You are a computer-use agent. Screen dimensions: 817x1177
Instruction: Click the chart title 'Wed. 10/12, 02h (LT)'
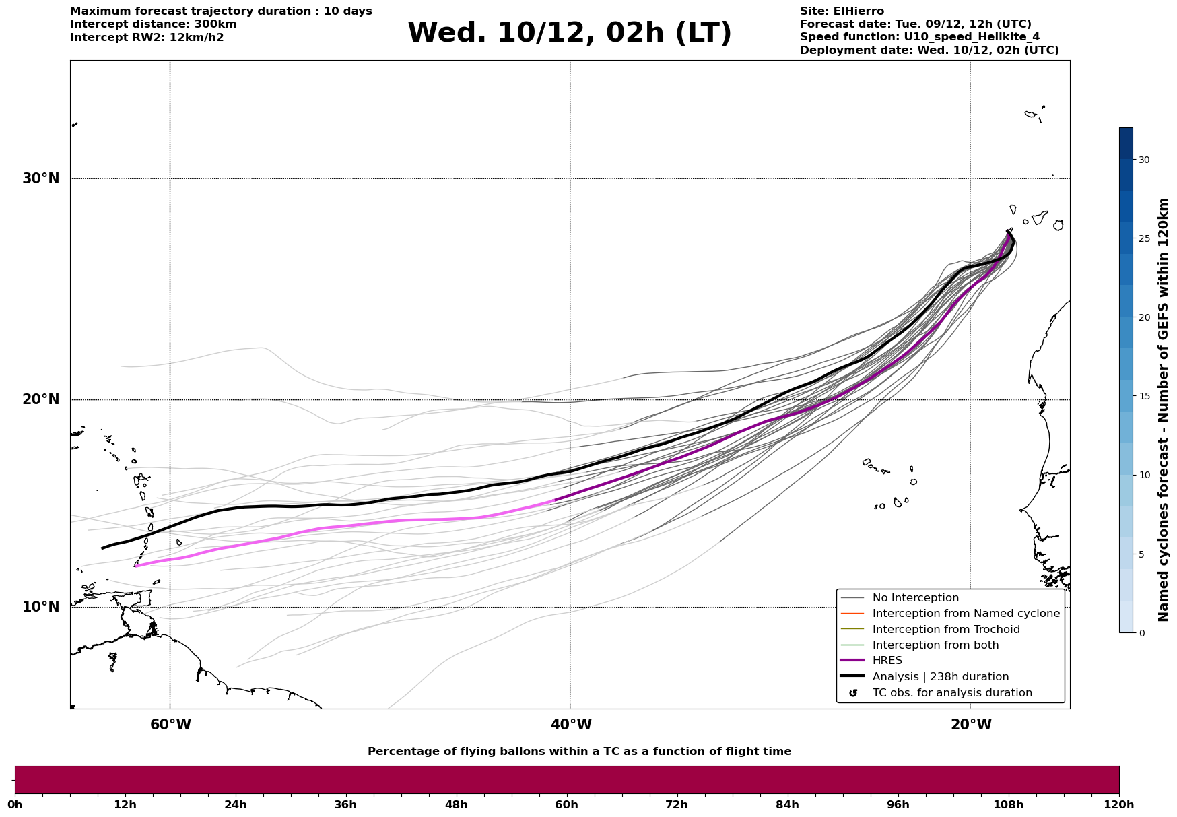[569, 33]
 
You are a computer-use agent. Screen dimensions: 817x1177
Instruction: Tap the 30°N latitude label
[40, 178]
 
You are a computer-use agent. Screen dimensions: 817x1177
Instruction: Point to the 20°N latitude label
[40, 399]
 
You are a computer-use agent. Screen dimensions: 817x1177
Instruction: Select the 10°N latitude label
[40, 607]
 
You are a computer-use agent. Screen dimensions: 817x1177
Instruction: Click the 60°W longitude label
[170, 725]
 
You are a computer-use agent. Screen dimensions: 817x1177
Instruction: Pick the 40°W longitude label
[571, 725]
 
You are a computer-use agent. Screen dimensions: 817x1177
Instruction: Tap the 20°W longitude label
[971, 725]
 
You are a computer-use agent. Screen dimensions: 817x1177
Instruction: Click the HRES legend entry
[887, 661]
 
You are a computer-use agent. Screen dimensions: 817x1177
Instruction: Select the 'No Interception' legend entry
[915, 598]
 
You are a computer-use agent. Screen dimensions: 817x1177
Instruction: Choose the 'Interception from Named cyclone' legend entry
[966, 614]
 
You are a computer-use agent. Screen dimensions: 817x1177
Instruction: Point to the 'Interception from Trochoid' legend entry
[945, 630]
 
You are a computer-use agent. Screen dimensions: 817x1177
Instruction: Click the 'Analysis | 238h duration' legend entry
[940, 677]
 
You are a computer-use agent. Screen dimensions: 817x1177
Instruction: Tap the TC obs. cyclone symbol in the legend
[853, 693]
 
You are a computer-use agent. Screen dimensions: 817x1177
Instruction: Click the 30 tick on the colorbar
[1144, 160]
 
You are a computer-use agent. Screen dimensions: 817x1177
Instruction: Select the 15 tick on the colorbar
[1144, 396]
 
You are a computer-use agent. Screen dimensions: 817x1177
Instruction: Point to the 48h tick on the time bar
[456, 804]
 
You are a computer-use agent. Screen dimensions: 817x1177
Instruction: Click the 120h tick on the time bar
[1118, 804]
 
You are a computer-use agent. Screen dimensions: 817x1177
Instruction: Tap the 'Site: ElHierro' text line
[842, 11]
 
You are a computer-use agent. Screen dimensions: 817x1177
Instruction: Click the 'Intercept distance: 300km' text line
[153, 24]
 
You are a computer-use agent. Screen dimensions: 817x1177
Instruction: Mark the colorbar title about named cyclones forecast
[1164, 410]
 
